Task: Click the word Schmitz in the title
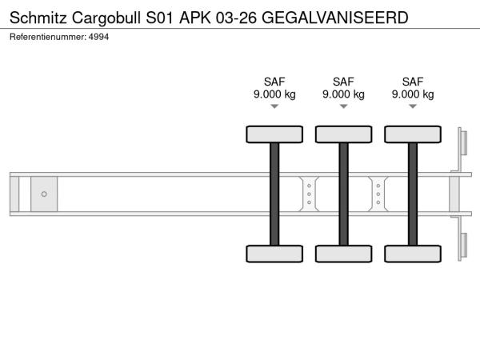(x=38, y=18)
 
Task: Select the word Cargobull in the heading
(x=106, y=18)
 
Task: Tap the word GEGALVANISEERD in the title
(x=335, y=18)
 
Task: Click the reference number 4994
(x=98, y=37)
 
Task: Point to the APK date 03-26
(x=236, y=18)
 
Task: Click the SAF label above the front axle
(x=274, y=82)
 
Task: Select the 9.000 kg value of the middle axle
(x=343, y=94)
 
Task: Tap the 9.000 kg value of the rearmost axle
(x=413, y=94)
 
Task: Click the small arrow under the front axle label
(x=274, y=106)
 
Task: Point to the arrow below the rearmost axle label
(x=413, y=106)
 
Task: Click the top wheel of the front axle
(x=274, y=134)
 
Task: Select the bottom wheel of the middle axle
(x=343, y=254)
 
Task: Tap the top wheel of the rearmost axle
(x=413, y=134)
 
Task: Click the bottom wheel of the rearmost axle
(x=413, y=254)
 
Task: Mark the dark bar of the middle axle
(x=343, y=194)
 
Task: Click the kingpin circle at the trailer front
(x=44, y=194)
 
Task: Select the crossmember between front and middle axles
(x=309, y=194)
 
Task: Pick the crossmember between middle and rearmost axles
(x=378, y=194)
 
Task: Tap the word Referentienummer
(x=48, y=37)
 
